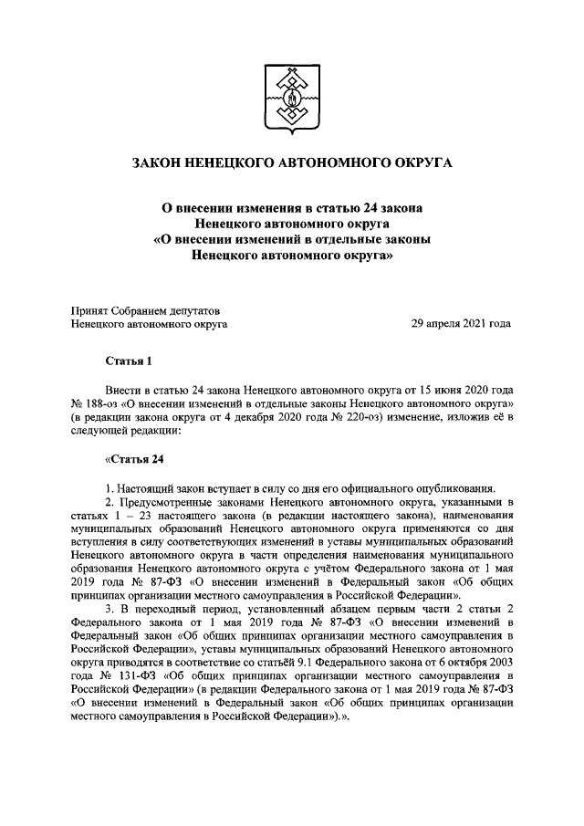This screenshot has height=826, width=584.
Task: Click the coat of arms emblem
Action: click(x=291, y=97)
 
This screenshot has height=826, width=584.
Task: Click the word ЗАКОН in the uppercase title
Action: click(x=159, y=163)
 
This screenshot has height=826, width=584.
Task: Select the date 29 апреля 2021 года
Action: click(x=461, y=323)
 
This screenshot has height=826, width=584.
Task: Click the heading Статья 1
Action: click(x=127, y=362)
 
